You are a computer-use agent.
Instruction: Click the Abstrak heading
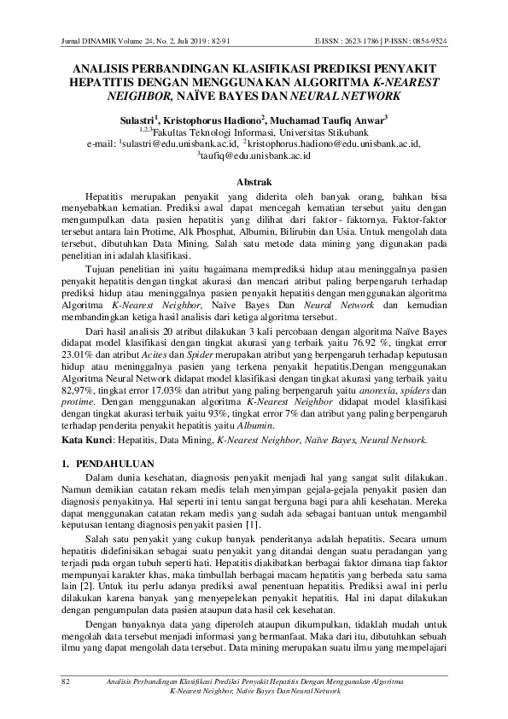254,181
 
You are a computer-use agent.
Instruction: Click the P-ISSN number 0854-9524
424,41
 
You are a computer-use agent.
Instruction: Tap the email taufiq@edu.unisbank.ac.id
255,157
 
